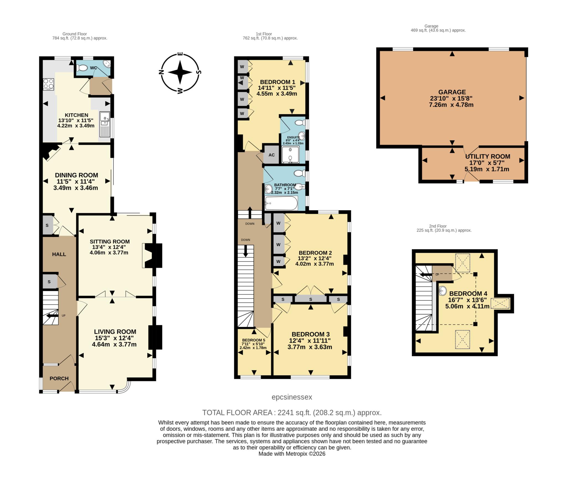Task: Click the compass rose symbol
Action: tap(180, 72)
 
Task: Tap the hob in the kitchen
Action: tap(48, 84)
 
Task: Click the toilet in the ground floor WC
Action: tap(81, 67)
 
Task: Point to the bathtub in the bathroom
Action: tap(281, 203)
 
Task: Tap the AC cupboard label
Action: tap(272, 155)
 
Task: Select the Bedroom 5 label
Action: tap(253, 340)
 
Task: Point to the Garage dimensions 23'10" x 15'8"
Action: tap(452, 98)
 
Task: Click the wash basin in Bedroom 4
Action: tap(443, 290)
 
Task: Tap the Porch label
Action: tap(59, 379)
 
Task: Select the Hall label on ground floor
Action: tap(59, 254)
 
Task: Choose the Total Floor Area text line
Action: tap(292, 413)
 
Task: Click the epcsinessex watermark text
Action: tap(292, 397)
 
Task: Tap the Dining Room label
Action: tap(76, 175)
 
